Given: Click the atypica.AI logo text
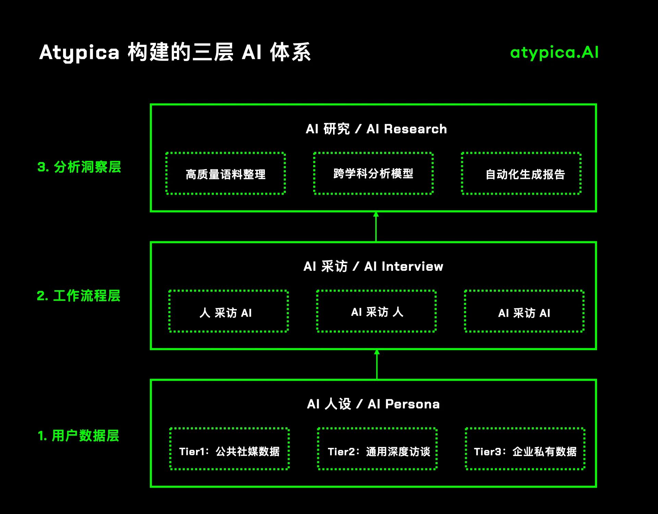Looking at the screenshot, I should (554, 52).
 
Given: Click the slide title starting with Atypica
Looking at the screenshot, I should (175, 52).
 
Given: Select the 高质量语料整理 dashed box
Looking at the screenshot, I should (226, 174).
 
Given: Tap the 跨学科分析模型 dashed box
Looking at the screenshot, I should (373, 173).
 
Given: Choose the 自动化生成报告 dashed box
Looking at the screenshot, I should (521, 174).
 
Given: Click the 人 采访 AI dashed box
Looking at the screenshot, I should (229, 311).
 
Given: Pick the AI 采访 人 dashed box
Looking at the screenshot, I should (376, 311).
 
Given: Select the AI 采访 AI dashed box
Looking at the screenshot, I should (524, 311).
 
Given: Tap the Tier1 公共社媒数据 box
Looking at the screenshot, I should (230, 449).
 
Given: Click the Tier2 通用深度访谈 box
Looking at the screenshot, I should (377, 449).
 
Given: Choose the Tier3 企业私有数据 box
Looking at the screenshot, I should (525, 449).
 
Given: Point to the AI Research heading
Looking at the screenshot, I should (376, 129).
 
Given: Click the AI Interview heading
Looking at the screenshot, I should (373, 267).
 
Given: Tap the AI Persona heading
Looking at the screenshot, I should (373, 404).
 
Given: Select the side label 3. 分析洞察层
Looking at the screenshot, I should (79, 167).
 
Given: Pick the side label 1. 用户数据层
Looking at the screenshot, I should (78, 436).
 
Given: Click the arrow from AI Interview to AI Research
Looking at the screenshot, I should (376, 227).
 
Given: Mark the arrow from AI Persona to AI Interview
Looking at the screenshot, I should (377, 365).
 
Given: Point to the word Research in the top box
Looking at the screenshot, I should (415, 129).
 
